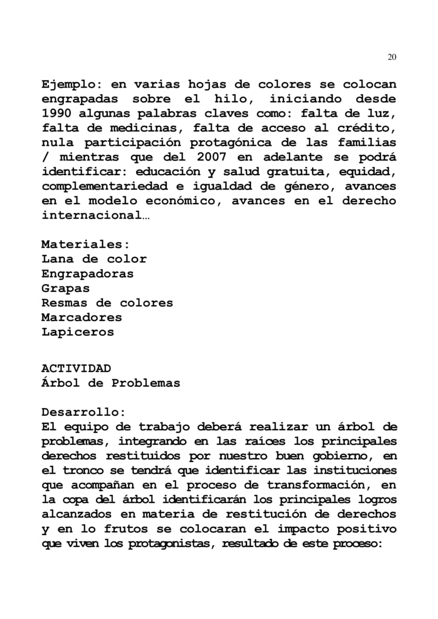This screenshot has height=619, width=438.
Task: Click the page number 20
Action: click(392, 57)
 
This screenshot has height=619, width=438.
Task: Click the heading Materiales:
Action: click(85, 245)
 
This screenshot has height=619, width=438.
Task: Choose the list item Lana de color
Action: click(94, 259)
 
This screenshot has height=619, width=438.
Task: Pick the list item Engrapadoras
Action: click(88, 274)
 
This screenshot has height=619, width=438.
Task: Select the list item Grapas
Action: click(66, 289)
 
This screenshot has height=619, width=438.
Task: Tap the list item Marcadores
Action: click(82, 318)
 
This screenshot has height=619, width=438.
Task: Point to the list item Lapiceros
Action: click(78, 333)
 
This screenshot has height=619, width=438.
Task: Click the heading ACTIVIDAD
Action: click(76, 368)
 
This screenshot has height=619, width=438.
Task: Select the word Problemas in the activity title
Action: click(146, 383)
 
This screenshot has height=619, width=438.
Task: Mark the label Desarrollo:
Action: click(83, 412)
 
